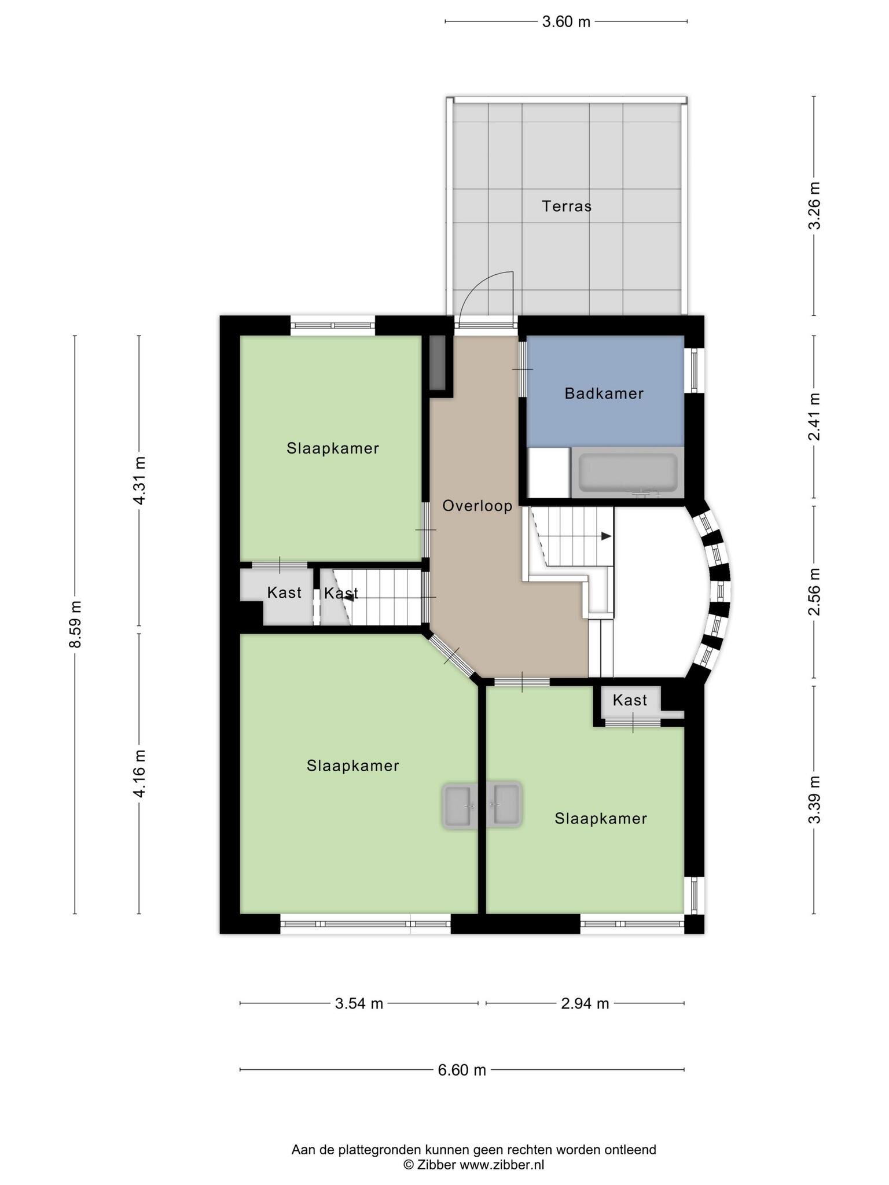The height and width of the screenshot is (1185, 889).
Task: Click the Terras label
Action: pos(567,206)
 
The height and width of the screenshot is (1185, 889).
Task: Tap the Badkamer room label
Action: pos(604,393)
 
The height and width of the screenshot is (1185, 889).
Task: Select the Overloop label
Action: pos(477,506)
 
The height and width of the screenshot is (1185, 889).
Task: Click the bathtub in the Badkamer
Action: pos(628,472)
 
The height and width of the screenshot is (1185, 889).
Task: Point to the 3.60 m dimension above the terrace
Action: pos(566,22)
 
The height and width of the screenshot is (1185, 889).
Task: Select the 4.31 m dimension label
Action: pos(139,481)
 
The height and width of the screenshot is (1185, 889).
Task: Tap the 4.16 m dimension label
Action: pos(139,773)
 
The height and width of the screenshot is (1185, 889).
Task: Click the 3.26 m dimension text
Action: pos(814,206)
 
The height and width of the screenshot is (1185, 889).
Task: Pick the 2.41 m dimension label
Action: pos(814,417)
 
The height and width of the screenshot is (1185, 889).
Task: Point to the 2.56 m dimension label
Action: pos(814,592)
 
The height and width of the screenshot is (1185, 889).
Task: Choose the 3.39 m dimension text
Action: pos(814,799)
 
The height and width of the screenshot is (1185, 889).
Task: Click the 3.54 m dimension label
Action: pos(359,1003)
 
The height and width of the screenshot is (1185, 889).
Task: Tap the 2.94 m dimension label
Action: pos(585,1003)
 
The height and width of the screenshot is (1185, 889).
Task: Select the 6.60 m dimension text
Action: pos(462,1070)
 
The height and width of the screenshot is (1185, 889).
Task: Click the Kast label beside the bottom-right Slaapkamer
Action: pos(630,700)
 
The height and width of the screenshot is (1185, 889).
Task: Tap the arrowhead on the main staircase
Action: pos(606,536)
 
